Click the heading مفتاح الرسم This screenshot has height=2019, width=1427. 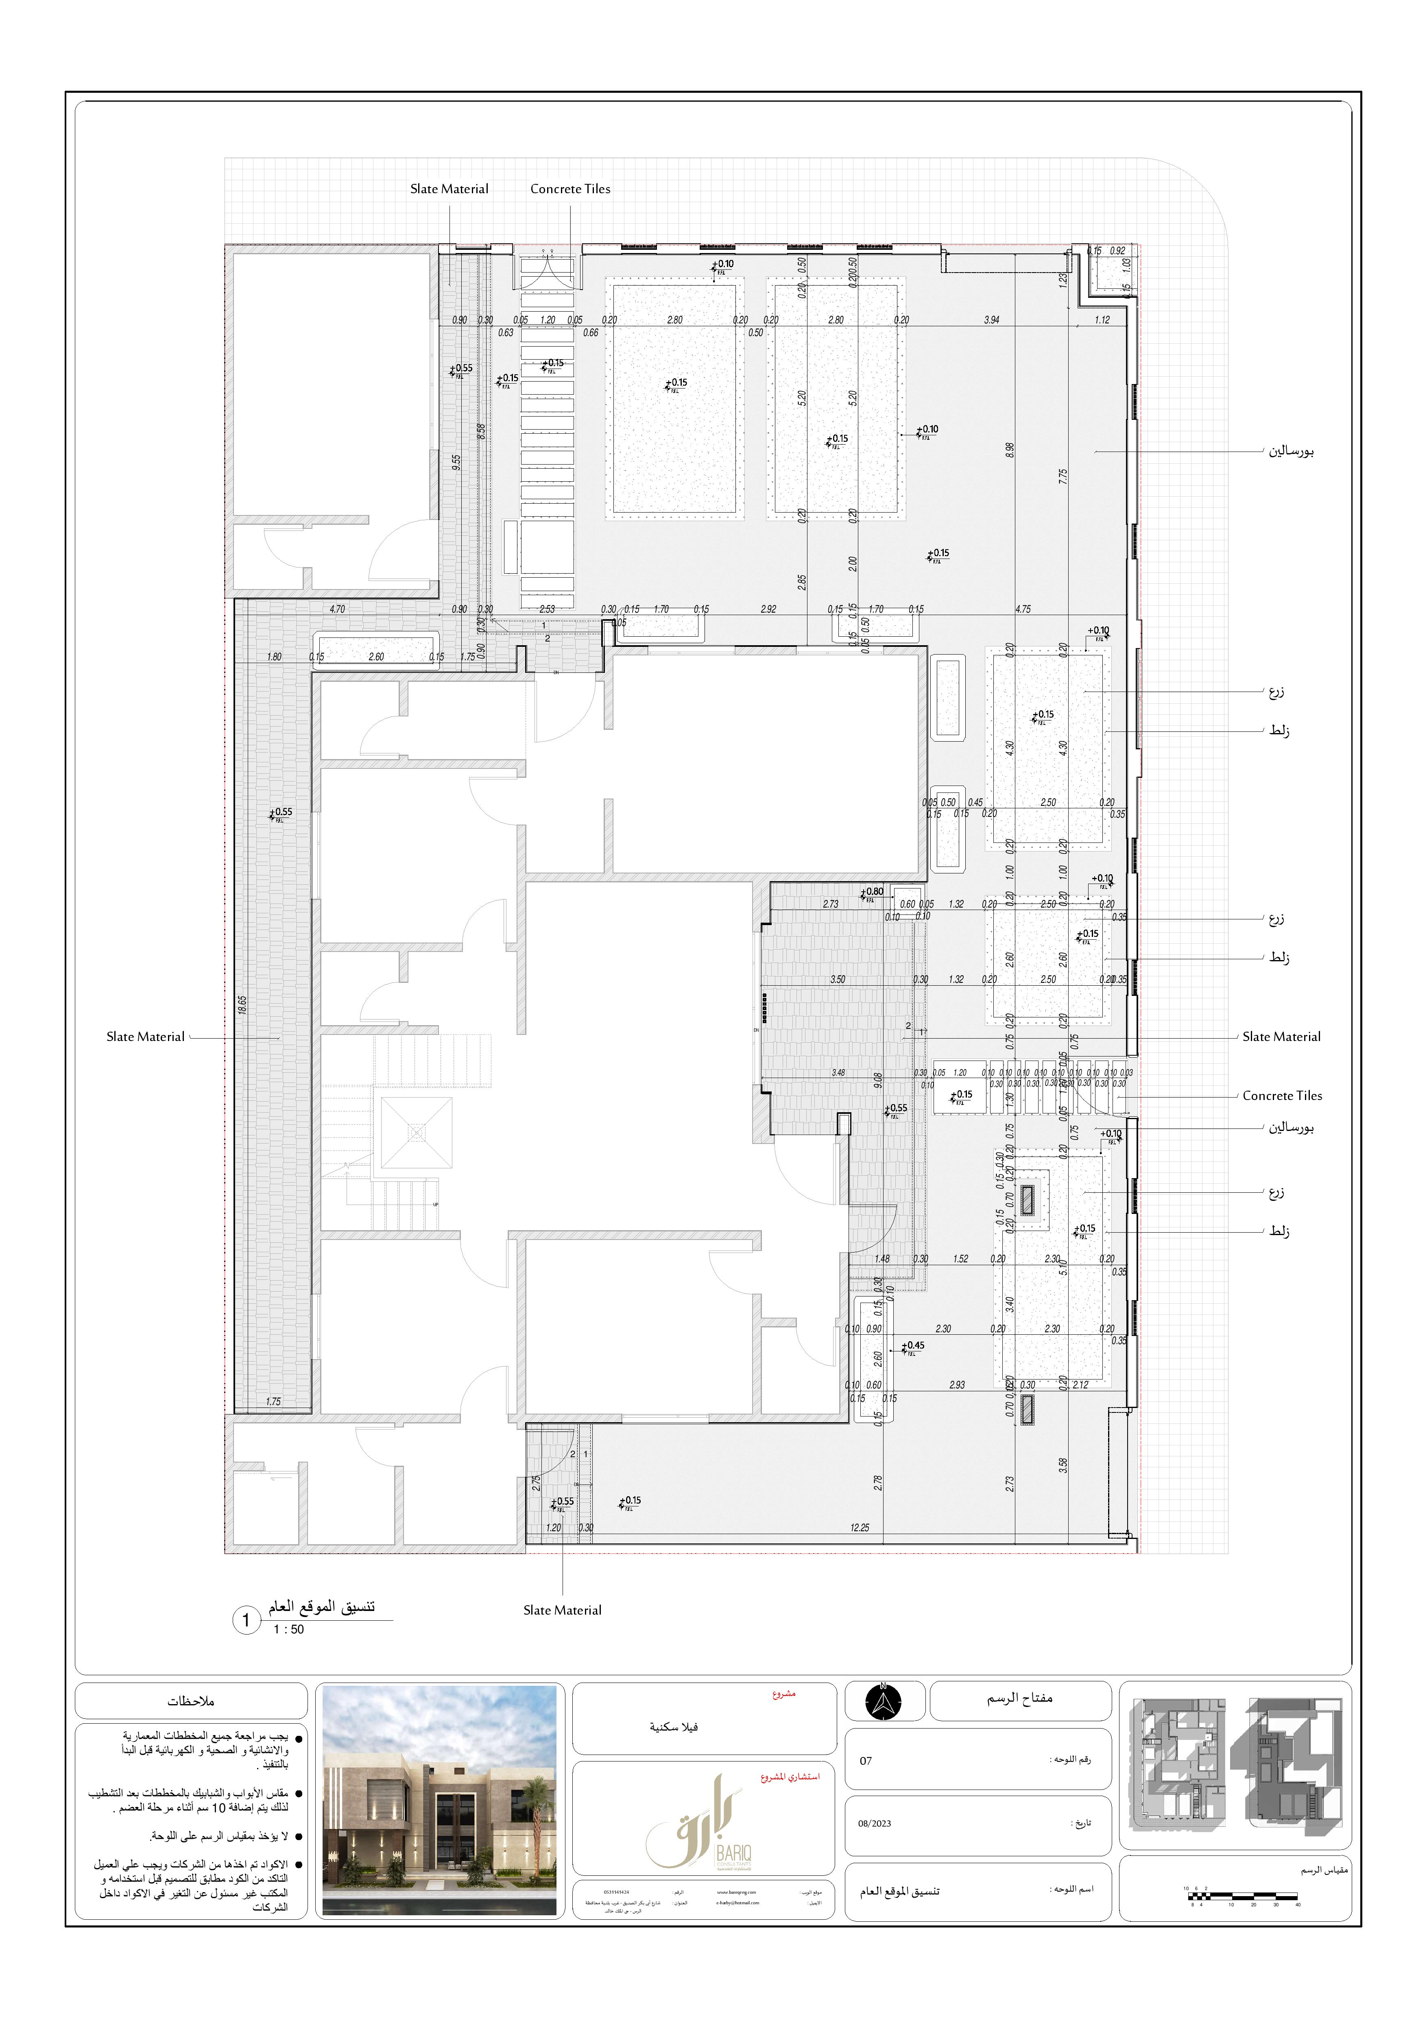[1019, 1698]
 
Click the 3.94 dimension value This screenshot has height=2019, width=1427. [992, 320]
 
